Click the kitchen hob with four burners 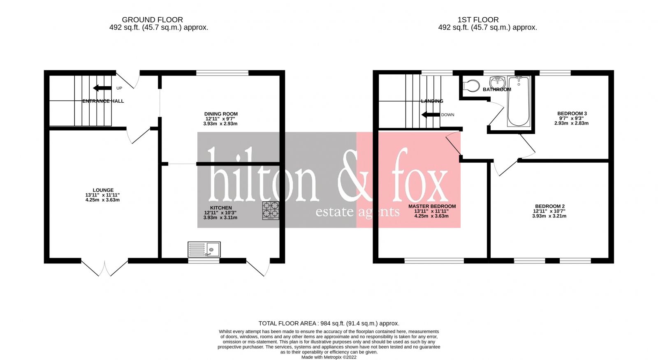(x=271, y=210)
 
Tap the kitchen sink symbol (x=204, y=249)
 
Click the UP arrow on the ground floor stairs (x=102, y=88)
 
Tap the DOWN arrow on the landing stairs (x=431, y=115)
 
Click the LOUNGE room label (x=103, y=190)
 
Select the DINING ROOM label (x=221, y=114)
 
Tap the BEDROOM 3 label (x=572, y=113)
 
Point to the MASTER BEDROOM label (x=432, y=206)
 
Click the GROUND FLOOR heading (x=152, y=20)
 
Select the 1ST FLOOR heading (x=478, y=20)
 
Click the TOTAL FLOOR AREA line (x=329, y=323)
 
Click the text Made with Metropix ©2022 (x=329, y=357)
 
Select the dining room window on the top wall (x=222, y=73)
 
